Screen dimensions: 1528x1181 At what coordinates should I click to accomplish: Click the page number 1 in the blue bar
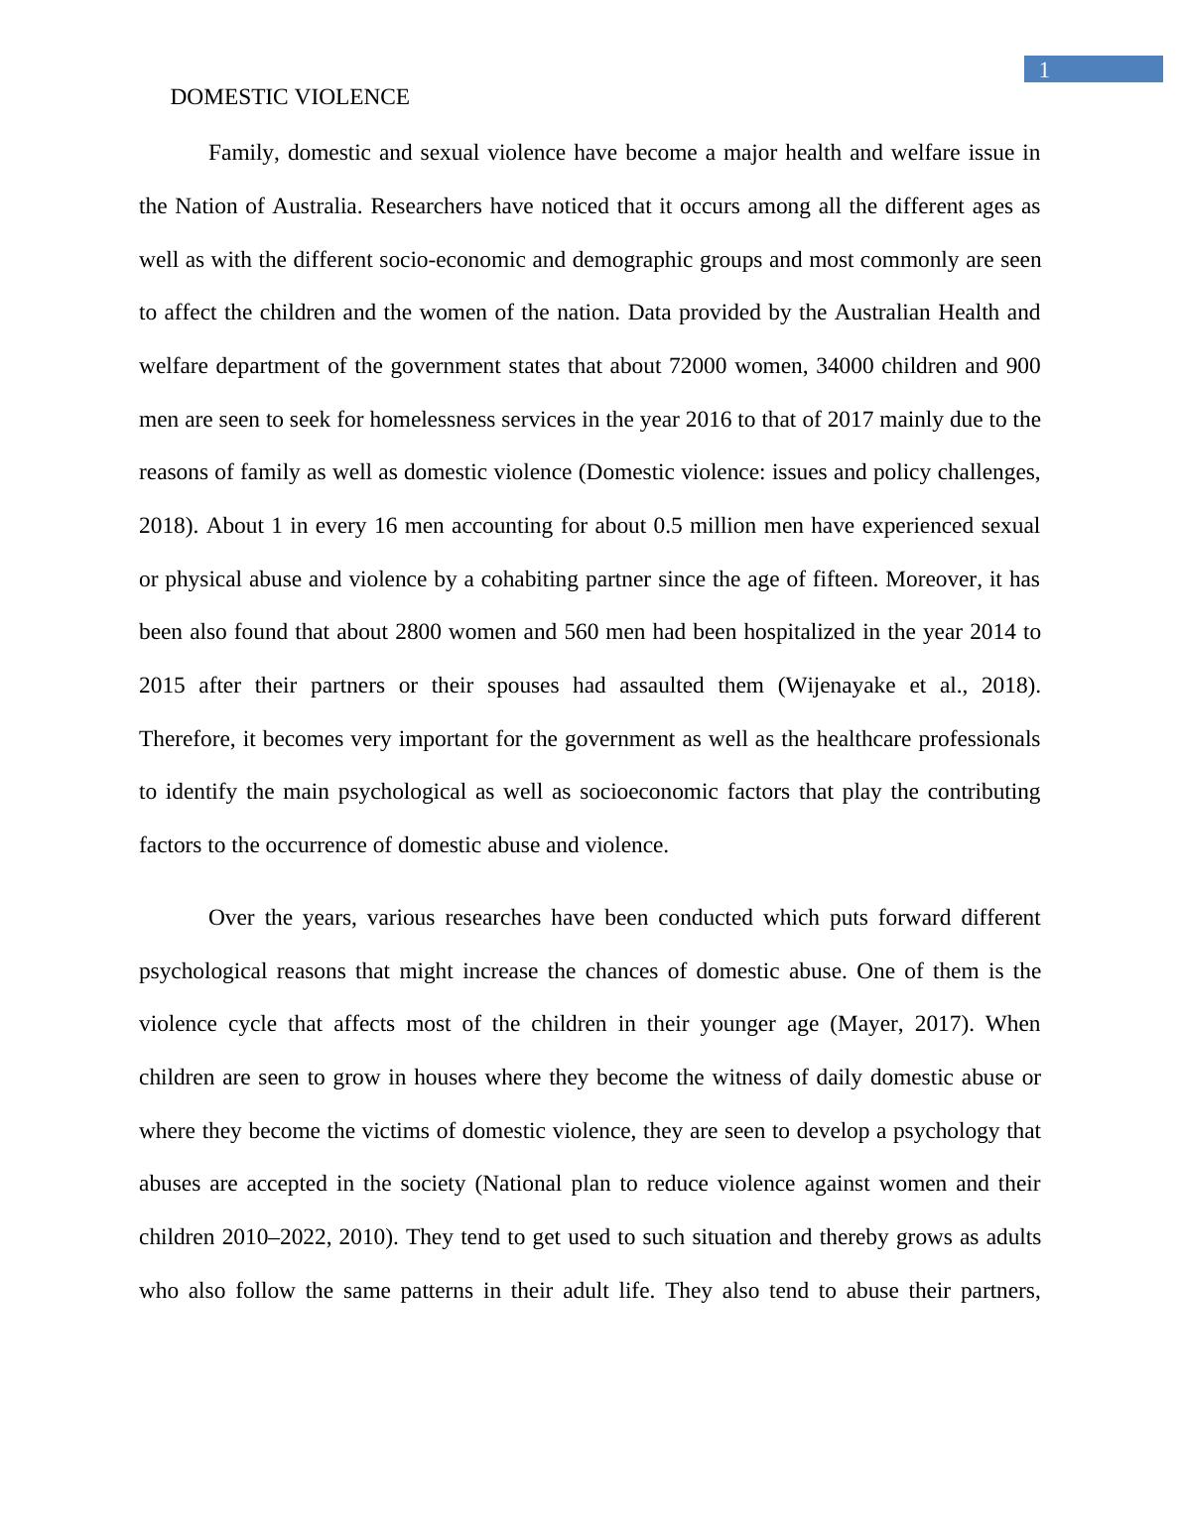[x=1044, y=70]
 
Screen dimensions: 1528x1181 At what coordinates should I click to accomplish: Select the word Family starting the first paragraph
[x=241, y=153]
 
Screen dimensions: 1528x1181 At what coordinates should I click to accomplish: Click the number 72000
[x=700, y=366]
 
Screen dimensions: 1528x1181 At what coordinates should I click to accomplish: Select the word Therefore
[x=185, y=739]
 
